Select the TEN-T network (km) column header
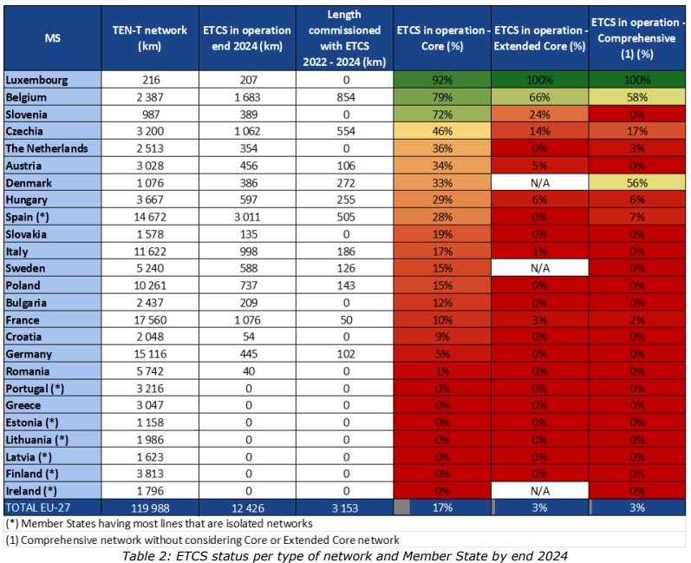click(x=150, y=38)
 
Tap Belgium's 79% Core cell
click(x=443, y=97)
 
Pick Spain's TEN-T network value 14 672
click(x=150, y=217)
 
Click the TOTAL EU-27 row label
click(x=41, y=507)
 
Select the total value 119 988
click(x=150, y=507)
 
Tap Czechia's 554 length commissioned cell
click(x=344, y=131)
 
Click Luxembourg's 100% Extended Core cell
click(x=540, y=80)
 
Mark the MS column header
click(x=52, y=38)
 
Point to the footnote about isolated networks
click(x=160, y=524)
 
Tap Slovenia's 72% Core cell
click(x=443, y=115)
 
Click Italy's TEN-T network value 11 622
click(x=150, y=252)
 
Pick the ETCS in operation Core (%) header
click(x=443, y=38)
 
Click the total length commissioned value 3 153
click(x=344, y=507)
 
